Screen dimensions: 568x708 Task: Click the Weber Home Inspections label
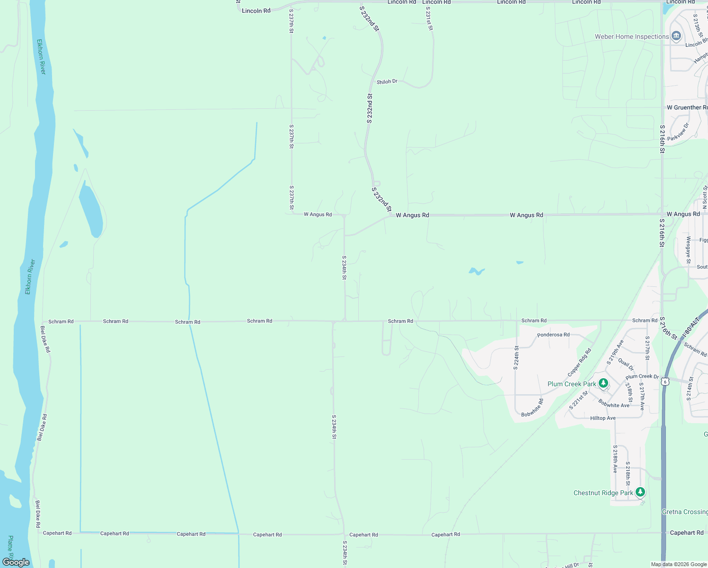pos(632,36)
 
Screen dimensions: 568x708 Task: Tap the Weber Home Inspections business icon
pos(676,36)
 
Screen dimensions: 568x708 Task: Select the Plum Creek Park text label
pos(572,384)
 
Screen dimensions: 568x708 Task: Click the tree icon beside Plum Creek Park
pos(603,383)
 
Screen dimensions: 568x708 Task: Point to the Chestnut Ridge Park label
pos(603,493)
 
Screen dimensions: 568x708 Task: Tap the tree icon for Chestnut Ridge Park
pos(640,492)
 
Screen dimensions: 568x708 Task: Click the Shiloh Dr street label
pos(387,82)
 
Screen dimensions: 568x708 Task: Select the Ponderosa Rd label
pos(553,335)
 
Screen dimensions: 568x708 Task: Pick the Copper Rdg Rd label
pos(579,363)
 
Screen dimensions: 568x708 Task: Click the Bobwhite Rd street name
pos(532,408)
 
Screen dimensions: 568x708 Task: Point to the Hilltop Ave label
pos(602,418)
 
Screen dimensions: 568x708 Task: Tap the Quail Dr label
pos(626,365)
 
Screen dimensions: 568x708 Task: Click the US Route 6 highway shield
pos(665,382)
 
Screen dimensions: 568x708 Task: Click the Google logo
pos(16,562)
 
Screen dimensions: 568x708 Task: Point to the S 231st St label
pos(429,18)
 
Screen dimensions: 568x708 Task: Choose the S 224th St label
pos(516,357)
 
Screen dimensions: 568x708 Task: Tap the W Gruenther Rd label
pos(687,107)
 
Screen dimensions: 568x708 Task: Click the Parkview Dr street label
pos(678,132)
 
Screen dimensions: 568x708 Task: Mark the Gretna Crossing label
pos(684,512)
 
